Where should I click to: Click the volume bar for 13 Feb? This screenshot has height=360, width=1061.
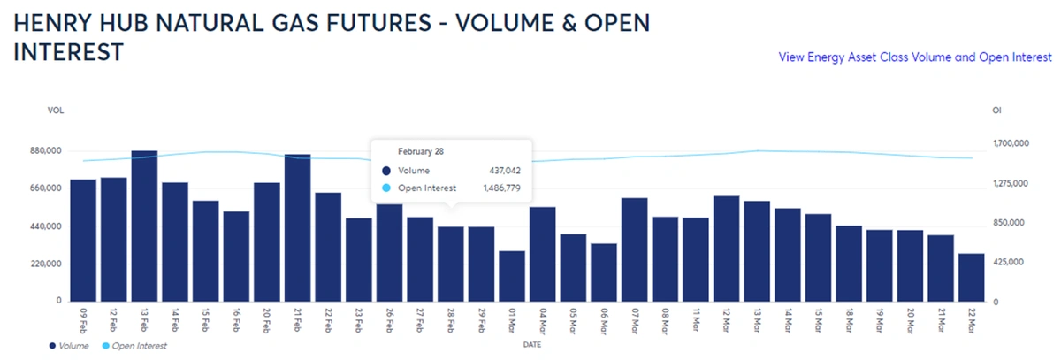(144, 226)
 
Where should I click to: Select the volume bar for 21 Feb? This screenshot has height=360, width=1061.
(297, 228)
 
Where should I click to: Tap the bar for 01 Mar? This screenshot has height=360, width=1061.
(512, 276)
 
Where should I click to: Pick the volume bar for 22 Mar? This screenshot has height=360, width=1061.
(971, 278)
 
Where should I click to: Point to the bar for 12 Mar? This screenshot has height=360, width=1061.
(726, 249)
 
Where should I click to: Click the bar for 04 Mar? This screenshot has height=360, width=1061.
(542, 254)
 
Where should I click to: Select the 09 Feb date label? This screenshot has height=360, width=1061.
(83, 316)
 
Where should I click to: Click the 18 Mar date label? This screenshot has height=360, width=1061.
(849, 316)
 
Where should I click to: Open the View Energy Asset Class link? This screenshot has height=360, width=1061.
(915, 57)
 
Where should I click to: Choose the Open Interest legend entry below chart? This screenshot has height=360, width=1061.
(138, 346)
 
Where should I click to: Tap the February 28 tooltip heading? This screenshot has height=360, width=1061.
(420, 151)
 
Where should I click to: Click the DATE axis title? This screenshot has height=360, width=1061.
(531, 343)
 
